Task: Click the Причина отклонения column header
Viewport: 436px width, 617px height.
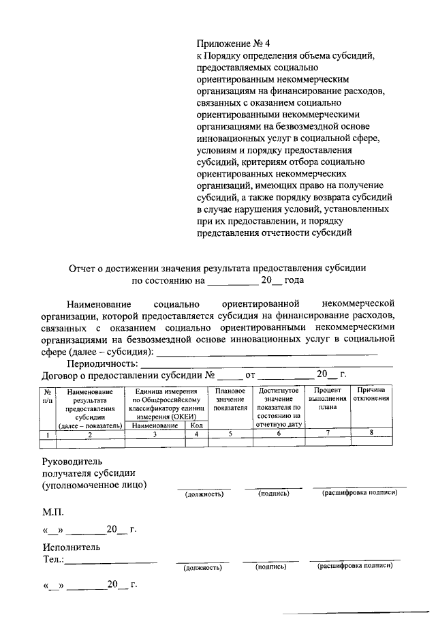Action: (x=371, y=394)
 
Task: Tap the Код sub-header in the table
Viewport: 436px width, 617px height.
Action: (x=196, y=425)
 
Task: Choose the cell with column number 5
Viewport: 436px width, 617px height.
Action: (x=230, y=434)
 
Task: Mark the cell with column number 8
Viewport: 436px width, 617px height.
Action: (x=371, y=433)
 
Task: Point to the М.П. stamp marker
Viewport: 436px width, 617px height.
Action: (x=54, y=510)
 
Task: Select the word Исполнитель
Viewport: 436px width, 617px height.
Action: (x=71, y=547)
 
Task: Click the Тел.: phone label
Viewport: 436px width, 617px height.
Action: (x=54, y=560)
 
